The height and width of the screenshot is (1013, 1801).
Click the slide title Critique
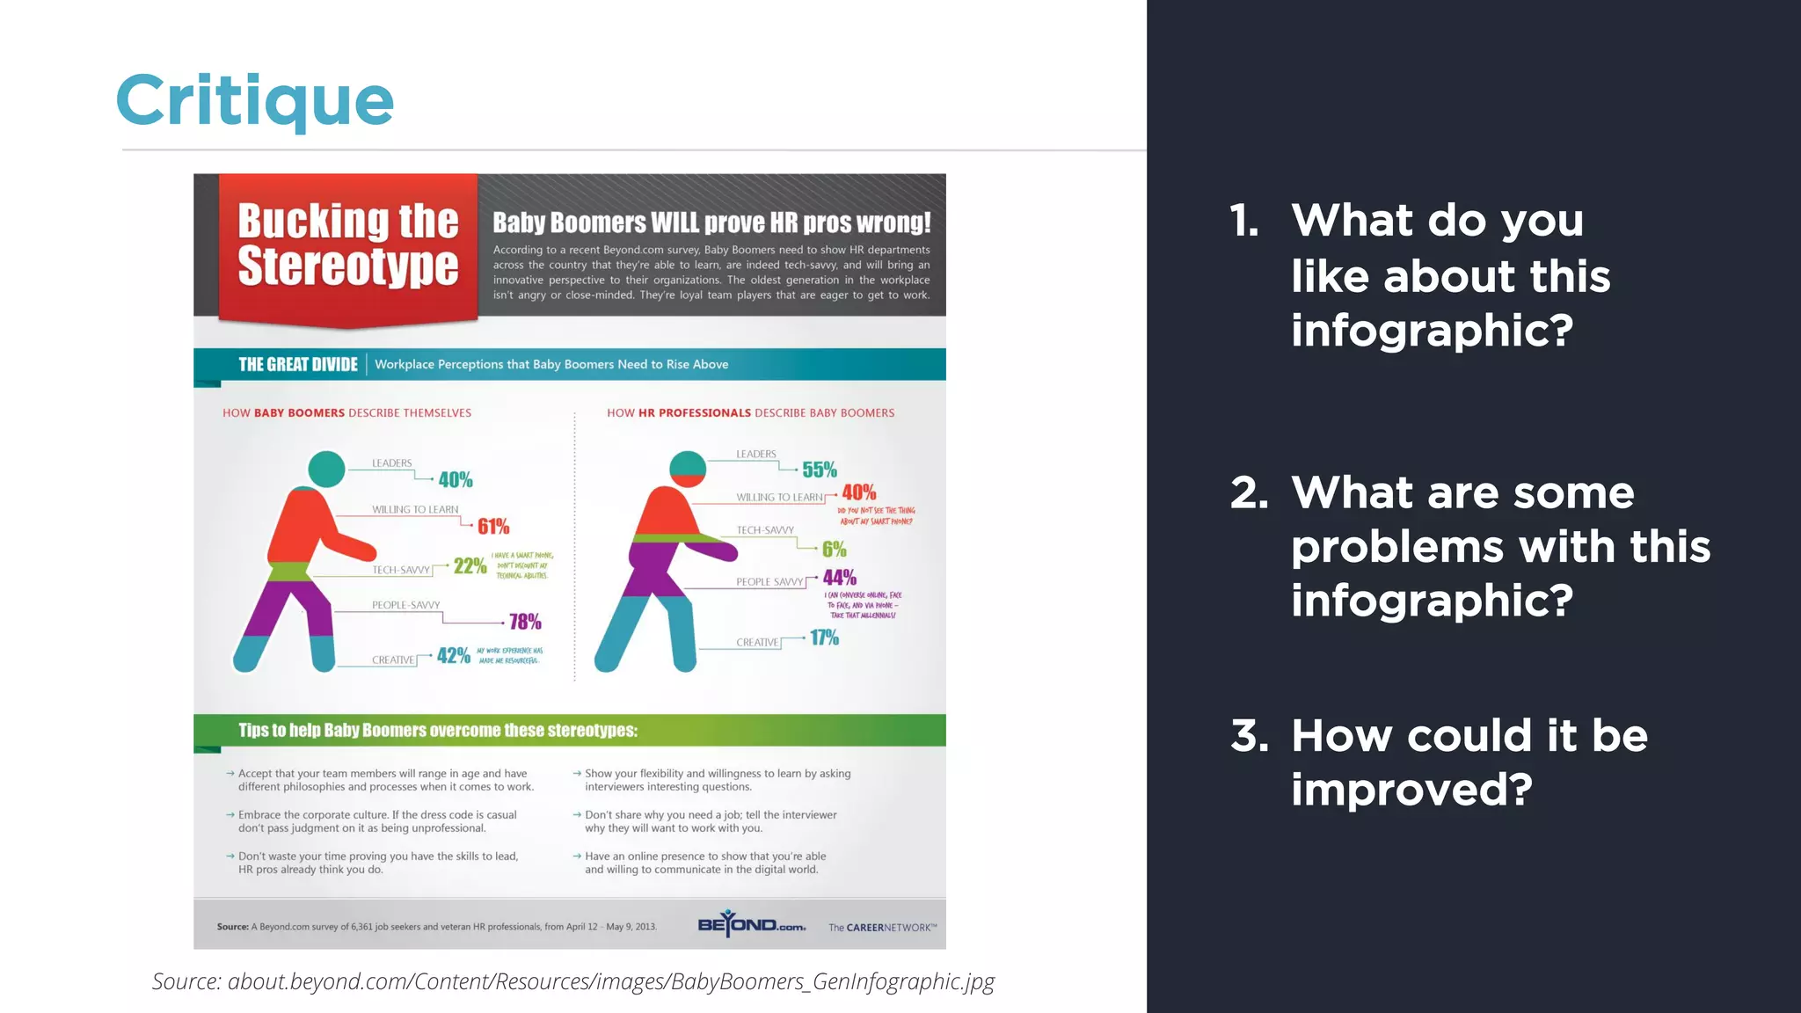coord(255,100)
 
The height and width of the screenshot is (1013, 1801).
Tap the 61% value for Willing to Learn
coord(493,527)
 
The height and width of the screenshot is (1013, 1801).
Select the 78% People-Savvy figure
coord(525,622)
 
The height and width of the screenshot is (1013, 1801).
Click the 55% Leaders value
coord(819,470)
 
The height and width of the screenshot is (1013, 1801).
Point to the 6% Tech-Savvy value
coord(834,550)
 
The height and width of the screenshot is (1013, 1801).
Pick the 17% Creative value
coord(824,638)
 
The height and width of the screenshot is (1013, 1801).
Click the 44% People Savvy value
coord(839,578)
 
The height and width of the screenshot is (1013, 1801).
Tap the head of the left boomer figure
coord(327,469)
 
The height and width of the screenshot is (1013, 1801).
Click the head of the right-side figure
coord(688,469)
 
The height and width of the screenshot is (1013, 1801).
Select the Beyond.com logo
coord(751,924)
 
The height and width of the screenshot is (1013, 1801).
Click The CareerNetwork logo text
coord(882,928)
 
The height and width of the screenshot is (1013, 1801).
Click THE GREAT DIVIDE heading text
coord(298,364)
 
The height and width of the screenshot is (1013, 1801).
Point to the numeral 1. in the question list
coord(1244,221)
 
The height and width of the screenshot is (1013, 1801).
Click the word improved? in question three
coord(1411,789)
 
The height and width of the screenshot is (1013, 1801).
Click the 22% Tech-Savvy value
coord(470,565)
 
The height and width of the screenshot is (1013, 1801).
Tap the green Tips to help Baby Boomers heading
coord(438,730)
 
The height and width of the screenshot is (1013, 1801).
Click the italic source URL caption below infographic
coord(573,981)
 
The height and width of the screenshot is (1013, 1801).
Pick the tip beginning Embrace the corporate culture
coord(377,821)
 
